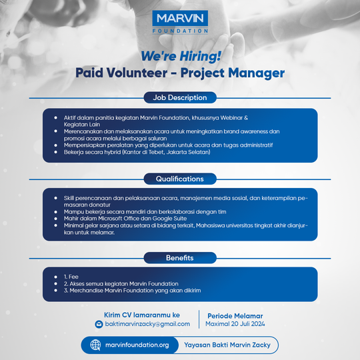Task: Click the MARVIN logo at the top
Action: [180, 19]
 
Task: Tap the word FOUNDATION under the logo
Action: [180, 31]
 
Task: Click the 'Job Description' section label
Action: [180, 97]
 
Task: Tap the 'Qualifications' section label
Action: [180, 179]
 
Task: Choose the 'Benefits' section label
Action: [180, 257]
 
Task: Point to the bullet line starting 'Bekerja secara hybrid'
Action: [137, 153]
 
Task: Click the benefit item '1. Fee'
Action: [71, 276]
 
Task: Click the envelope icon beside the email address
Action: [99, 325]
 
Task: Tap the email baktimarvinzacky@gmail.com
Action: [147, 324]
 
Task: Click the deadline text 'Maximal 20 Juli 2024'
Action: [236, 325]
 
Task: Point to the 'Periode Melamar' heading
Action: [235, 315]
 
